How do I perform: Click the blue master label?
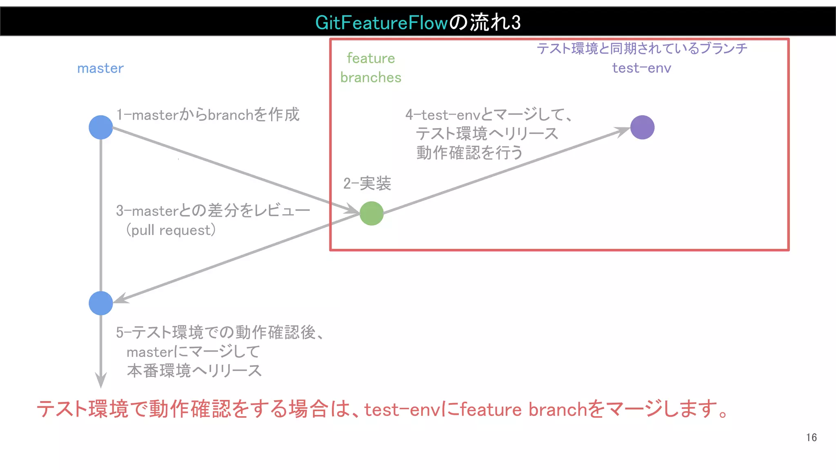(100, 69)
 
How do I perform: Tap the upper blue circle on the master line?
(101, 127)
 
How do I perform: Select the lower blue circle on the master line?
(101, 303)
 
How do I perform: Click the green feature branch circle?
(371, 213)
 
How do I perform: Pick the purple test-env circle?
(642, 127)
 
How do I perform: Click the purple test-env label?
(641, 68)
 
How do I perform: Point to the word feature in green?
(371, 58)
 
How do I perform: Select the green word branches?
(371, 78)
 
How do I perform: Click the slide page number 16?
(811, 438)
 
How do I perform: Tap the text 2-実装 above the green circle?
(367, 184)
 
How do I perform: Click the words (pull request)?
(171, 230)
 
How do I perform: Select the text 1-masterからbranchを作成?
(208, 115)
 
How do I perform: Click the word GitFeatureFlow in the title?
(382, 22)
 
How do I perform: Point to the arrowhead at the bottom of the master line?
(101, 380)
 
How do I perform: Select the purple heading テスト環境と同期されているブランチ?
(642, 49)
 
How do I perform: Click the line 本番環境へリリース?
(194, 371)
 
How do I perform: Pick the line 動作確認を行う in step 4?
(469, 153)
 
